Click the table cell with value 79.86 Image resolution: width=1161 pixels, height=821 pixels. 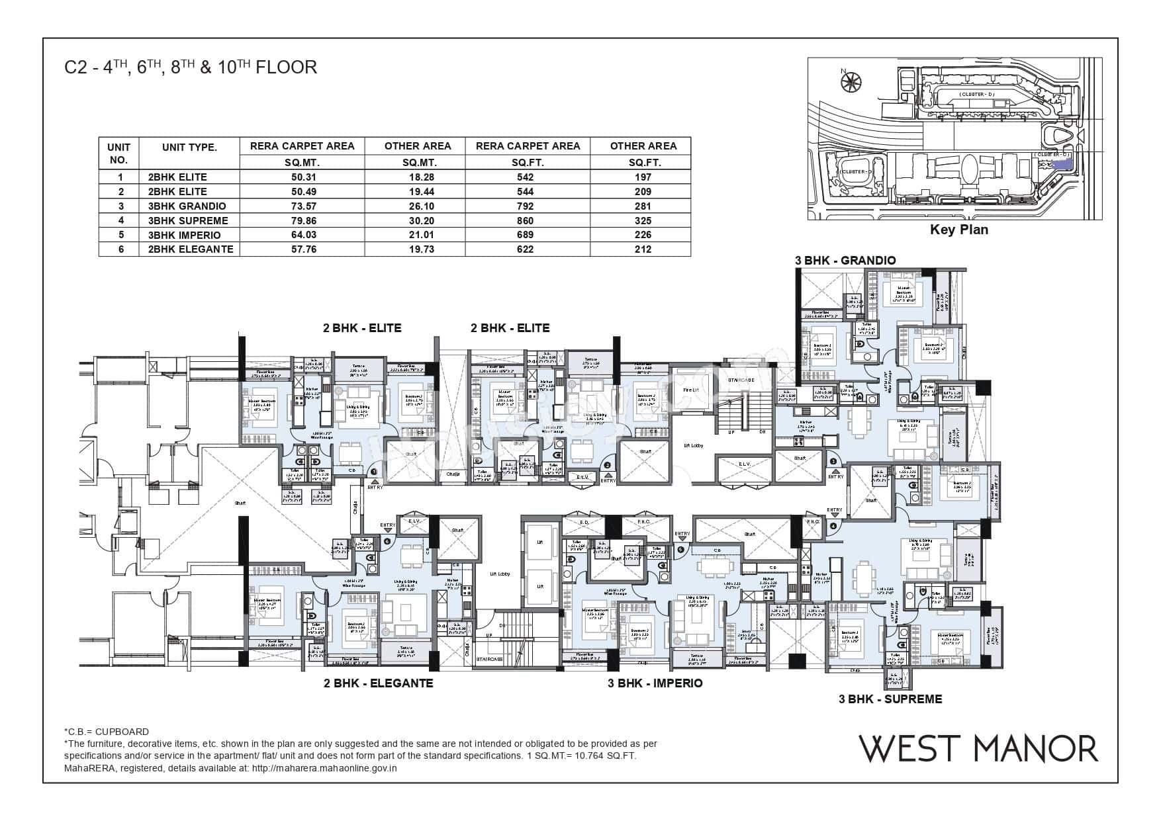(302, 220)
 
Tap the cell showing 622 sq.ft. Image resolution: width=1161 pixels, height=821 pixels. (528, 249)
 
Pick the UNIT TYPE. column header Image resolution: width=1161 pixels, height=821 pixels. (189, 148)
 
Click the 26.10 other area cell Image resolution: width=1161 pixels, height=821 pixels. (418, 206)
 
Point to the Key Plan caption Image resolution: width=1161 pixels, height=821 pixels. (959, 230)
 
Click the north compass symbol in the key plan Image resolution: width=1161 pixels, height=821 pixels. (848, 81)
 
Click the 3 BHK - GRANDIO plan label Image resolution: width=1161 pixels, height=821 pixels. (845, 260)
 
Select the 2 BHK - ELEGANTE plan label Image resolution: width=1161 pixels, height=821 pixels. (378, 683)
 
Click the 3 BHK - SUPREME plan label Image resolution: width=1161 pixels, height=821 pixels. (890, 699)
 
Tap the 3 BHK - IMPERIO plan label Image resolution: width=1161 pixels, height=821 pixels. (655, 683)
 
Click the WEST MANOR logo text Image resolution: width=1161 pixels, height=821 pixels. (978, 748)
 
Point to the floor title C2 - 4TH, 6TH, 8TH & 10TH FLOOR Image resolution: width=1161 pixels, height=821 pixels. (191, 67)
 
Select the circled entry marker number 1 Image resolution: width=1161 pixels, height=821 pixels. (373, 471)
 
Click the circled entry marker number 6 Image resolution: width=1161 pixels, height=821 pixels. (387, 540)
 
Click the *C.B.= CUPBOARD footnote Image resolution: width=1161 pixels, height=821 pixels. (106, 732)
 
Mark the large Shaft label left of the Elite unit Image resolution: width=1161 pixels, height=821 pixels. (240, 502)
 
